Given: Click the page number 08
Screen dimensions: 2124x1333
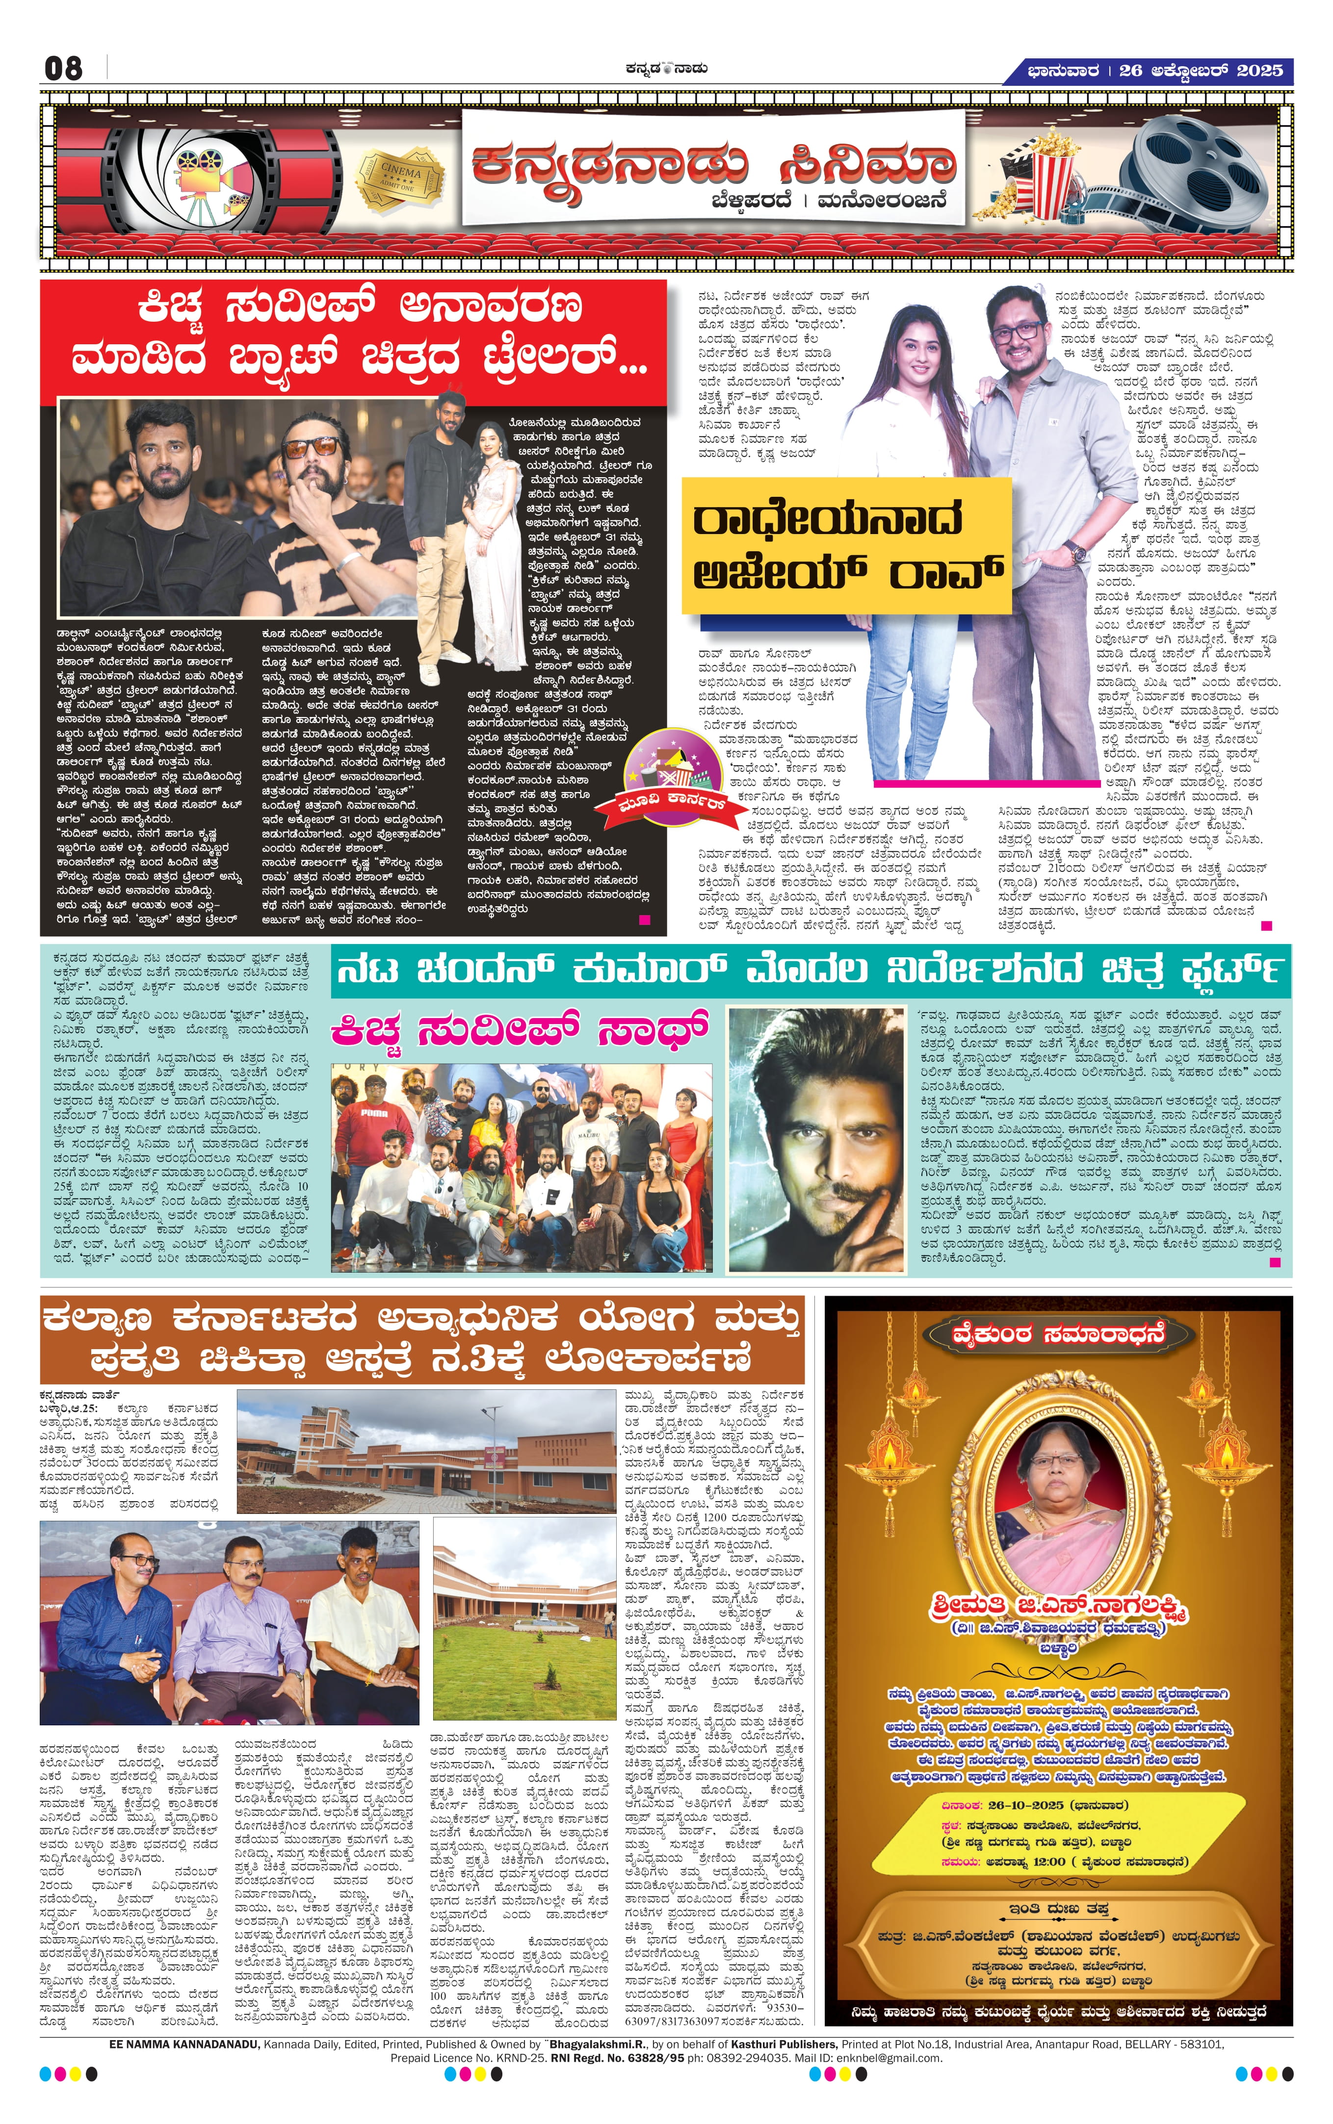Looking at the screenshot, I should [63, 68].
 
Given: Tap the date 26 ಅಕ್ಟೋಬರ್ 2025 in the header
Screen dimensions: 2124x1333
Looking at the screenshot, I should [1200, 71].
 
